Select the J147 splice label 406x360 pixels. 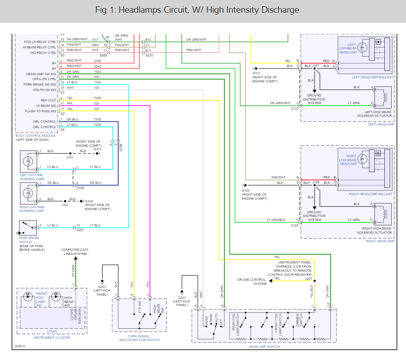pos(315,66)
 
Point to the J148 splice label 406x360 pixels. pos(315,183)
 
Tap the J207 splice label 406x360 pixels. pos(309,278)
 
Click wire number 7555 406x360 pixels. pos(97,72)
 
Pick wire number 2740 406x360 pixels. pos(97,61)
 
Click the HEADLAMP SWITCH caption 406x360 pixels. pos(264,346)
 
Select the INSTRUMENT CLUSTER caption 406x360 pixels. pos(52,338)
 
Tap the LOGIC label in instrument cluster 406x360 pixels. pos(52,331)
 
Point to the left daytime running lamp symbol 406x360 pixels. pos(28,160)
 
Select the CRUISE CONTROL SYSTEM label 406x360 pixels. pos(252,281)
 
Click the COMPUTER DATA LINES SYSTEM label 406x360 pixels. pos(75,251)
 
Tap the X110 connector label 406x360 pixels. pos(295,109)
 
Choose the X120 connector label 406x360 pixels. pos(295,225)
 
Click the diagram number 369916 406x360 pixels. pos(20,347)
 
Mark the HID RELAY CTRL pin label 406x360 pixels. pos(40,53)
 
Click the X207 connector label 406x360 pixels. pos(80,230)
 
